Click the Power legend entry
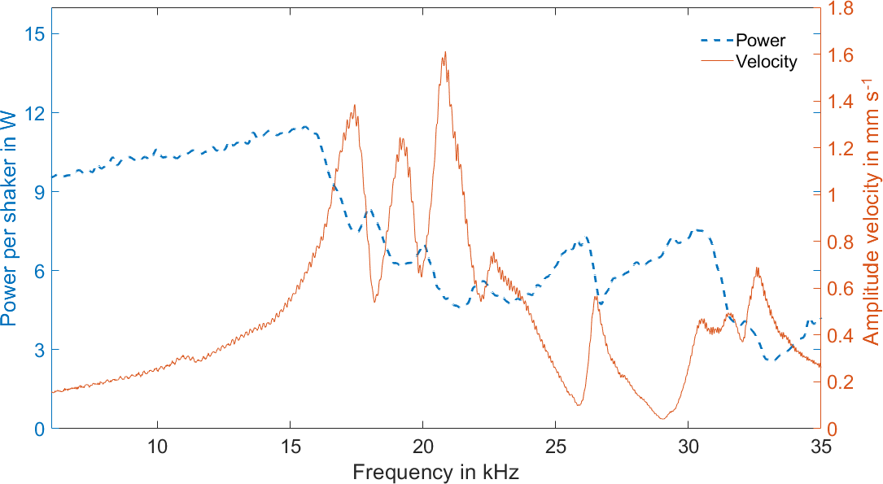pyautogui.click(x=760, y=40)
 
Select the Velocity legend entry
pyautogui.click(x=766, y=61)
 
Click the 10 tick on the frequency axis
pyautogui.click(x=157, y=447)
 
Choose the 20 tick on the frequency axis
pyautogui.click(x=422, y=447)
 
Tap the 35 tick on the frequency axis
pyautogui.click(x=820, y=447)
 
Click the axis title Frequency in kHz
pyautogui.click(x=435, y=471)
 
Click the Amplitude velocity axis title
pyautogui.click(x=870, y=218)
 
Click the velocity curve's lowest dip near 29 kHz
pyautogui.click(x=662, y=419)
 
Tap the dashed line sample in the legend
pyautogui.click(x=716, y=40)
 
